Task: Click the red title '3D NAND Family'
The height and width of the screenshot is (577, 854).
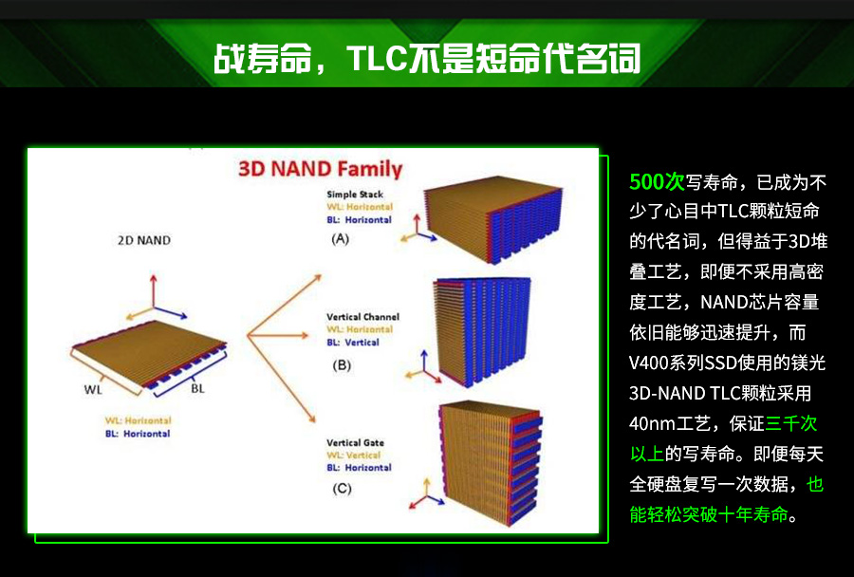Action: pos(321,169)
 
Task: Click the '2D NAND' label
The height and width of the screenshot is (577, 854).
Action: pos(144,240)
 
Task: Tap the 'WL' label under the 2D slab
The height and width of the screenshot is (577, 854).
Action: pos(93,390)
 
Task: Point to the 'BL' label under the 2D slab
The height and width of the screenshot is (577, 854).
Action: pos(197,388)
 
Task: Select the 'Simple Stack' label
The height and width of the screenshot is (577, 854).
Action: pos(355,194)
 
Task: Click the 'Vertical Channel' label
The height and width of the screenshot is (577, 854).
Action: pos(362,317)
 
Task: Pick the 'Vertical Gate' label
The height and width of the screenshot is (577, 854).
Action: pos(355,442)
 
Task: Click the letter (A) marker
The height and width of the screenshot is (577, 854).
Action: pos(341,238)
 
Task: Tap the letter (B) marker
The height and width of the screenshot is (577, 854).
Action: pos(342,365)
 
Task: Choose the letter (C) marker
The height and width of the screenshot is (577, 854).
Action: pos(342,489)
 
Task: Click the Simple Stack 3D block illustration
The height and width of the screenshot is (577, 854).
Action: pos(492,218)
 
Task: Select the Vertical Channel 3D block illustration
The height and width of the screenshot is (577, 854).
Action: pos(481,330)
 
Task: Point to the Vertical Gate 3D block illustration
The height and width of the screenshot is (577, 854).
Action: pos(491,463)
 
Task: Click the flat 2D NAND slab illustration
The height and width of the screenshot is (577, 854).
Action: pos(149,354)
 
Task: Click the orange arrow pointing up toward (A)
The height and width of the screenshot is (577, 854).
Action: pos(285,306)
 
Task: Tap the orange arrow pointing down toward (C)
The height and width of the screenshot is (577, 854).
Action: pos(282,380)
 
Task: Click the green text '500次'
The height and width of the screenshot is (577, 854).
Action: pos(657,181)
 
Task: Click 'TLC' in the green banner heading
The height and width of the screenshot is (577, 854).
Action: pos(377,58)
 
